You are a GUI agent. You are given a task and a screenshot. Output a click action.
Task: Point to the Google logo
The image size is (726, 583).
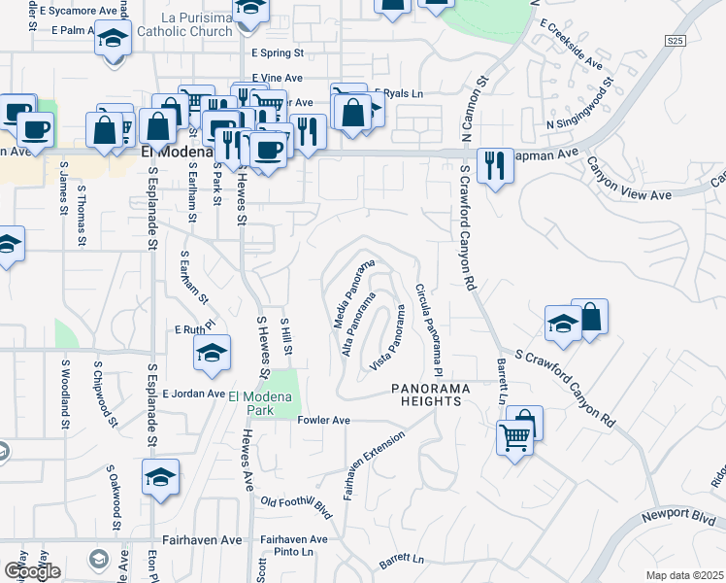pyautogui.click(x=32, y=571)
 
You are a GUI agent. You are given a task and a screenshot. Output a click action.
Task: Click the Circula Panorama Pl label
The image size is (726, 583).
pyautogui.click(x=428, y=330)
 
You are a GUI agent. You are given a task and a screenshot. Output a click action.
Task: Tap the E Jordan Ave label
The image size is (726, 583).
pyautogui.click(x=193, y=394)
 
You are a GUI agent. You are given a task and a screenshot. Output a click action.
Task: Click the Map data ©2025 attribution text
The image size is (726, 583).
pyautogui.click(x=685, y=575)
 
